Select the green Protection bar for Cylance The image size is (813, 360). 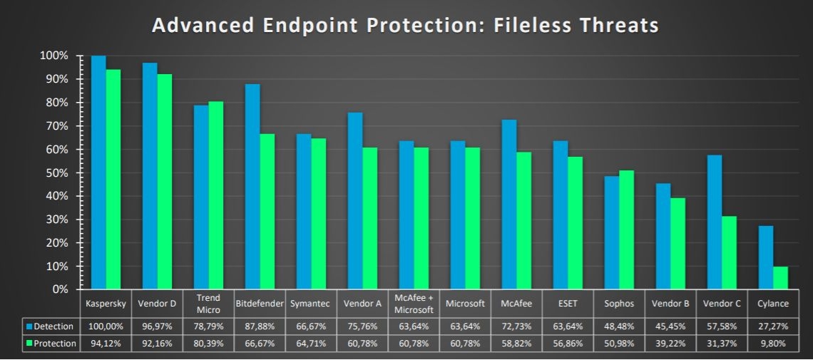tap(780, 278)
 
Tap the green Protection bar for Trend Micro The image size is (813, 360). tap(215, 195)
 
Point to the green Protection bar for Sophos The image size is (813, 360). tap(626, 230)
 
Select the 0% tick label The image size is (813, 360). tap(58, 289)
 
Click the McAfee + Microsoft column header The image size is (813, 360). tap(414, 304)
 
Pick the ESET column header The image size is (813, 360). tap(568, 304)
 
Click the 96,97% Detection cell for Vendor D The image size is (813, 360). tap(157, 326)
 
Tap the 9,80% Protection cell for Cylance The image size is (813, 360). tap(773, 344)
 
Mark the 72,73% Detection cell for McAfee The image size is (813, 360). tap(516, 326)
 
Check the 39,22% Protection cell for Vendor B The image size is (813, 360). tap(670, 344)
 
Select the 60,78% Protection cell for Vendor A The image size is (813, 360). tap(362, 344)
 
